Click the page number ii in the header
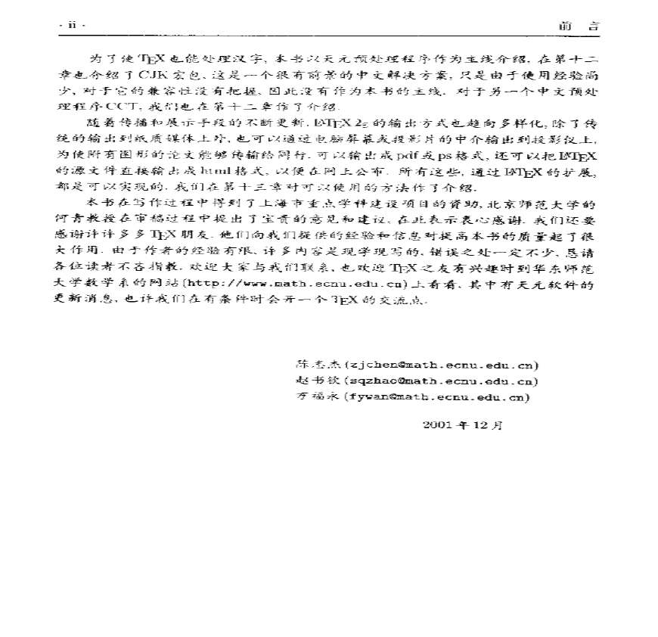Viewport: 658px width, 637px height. coord(73,26)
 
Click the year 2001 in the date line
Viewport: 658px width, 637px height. coord(437,425)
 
